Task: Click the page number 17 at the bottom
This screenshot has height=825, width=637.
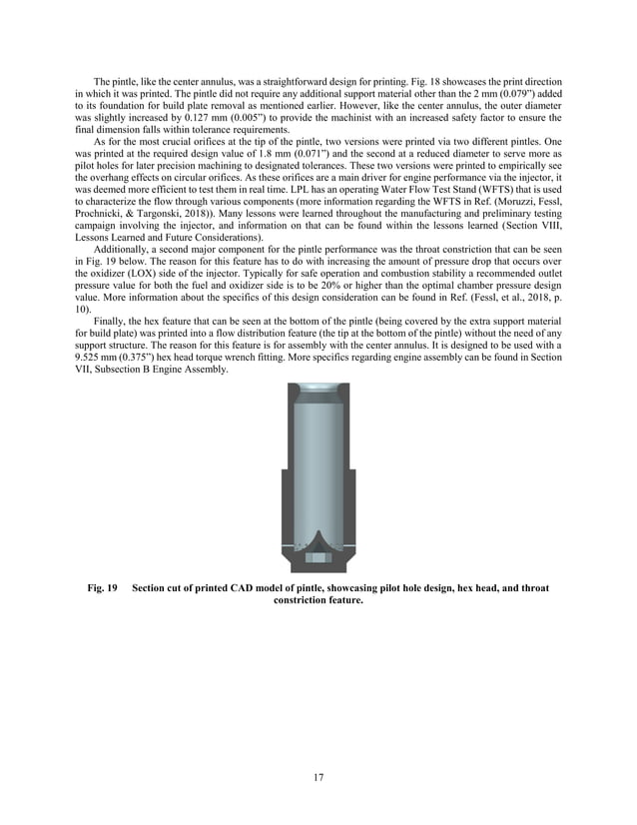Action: [318, 776]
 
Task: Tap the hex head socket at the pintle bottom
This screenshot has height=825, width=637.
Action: [318, 556]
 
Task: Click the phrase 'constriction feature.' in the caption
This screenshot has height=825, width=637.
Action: [318, 600]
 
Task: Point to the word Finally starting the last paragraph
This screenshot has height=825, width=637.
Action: [110, 320]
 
